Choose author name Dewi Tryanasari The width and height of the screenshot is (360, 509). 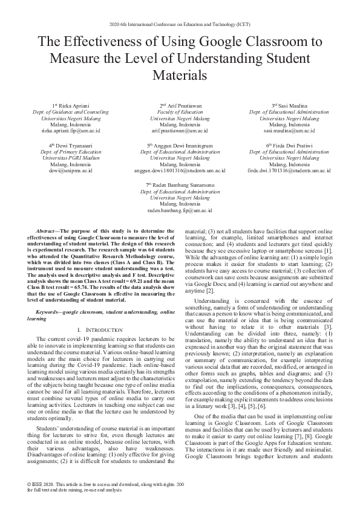click(x=71, y=146)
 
